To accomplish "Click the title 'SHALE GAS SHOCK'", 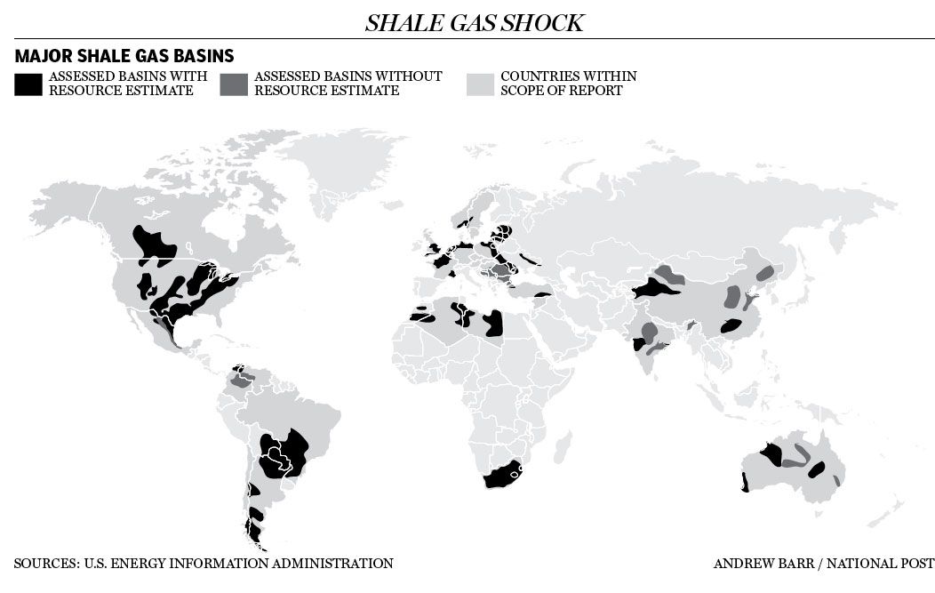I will coord(474,23).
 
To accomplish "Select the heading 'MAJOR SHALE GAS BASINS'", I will coord(124,56).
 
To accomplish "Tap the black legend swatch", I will coord(28,84).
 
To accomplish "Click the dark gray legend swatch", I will coord(234,84).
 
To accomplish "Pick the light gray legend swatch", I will coord(480,84).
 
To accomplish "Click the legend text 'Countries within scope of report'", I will coord(568,84).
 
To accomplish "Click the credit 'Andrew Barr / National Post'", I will coord(823,563).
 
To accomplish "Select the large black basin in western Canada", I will coord(155,247).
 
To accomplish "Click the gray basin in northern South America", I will coord(242,381).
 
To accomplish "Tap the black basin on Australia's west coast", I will coord(745,483).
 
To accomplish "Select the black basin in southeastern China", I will coord(731,326).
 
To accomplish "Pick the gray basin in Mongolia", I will coord(669,275).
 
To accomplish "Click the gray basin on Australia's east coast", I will coord(836,480).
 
